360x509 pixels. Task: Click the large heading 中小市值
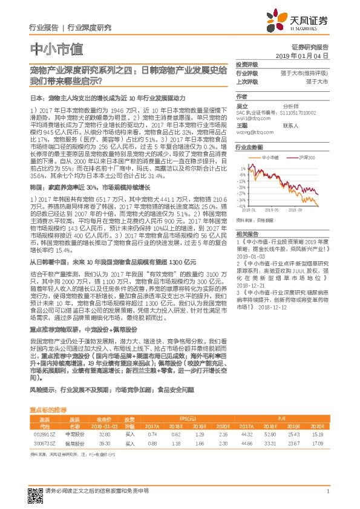pyautogui.click(x=56, y=49)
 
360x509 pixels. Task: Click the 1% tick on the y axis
pyautogui.click(x=242, y=167)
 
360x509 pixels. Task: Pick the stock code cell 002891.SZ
pyautogui.click(x=45, y=434)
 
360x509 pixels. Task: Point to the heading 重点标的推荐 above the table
pyautogui.click(x=48, y=409)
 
